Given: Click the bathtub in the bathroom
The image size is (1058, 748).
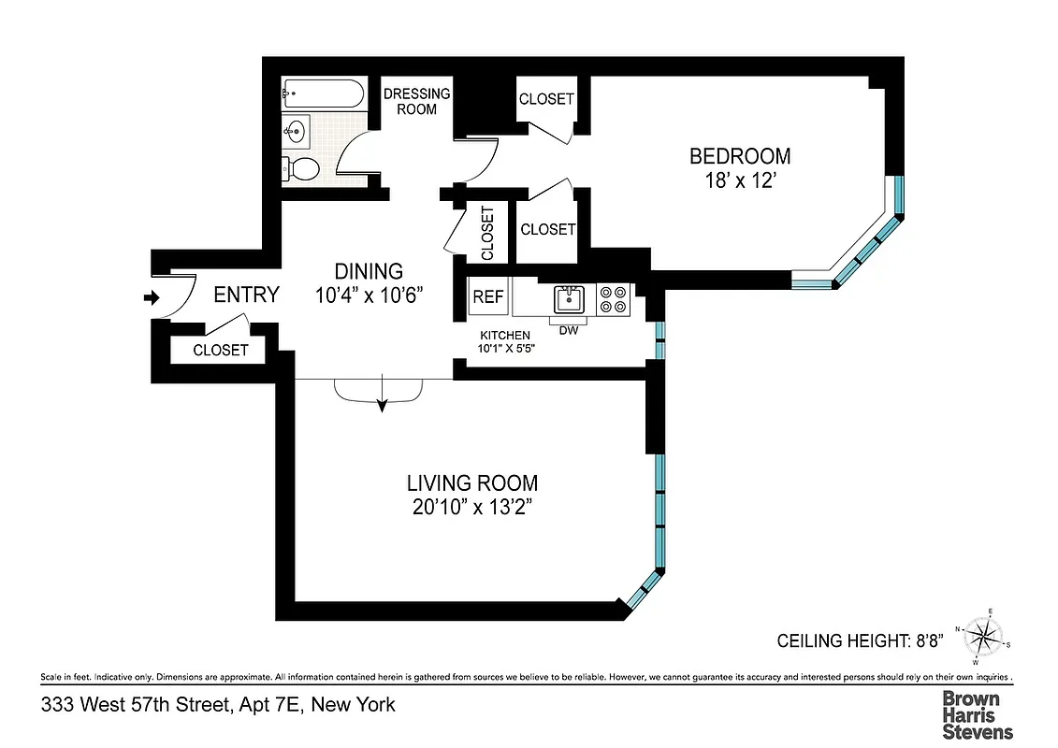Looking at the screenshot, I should [x=324, y=93].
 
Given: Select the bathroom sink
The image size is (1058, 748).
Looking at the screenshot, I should [x=297, y=131].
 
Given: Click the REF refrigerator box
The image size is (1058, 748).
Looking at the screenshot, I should [x=487, y=297].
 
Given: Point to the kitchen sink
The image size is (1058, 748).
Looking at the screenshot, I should [x=568, y=299].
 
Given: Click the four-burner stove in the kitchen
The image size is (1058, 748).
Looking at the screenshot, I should [x=615, y=298].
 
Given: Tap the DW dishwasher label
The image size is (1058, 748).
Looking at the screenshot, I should [x=568, y=330].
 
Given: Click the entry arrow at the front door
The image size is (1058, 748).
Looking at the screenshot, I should [x=150, y=298].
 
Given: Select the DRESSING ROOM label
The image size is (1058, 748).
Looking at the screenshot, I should [x=416, y=101].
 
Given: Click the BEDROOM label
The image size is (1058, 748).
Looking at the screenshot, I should [x=739, y=156].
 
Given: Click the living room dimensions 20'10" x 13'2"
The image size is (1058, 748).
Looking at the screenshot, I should [x=471, y=508].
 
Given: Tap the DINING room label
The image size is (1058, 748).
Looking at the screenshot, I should [x=370, y=271].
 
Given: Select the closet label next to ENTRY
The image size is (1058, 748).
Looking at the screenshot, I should [x=221, y=350].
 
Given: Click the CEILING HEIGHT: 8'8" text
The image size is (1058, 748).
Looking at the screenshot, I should [x=860, y=641].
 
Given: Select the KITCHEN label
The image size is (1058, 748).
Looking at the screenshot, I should [x=505, y=336].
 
